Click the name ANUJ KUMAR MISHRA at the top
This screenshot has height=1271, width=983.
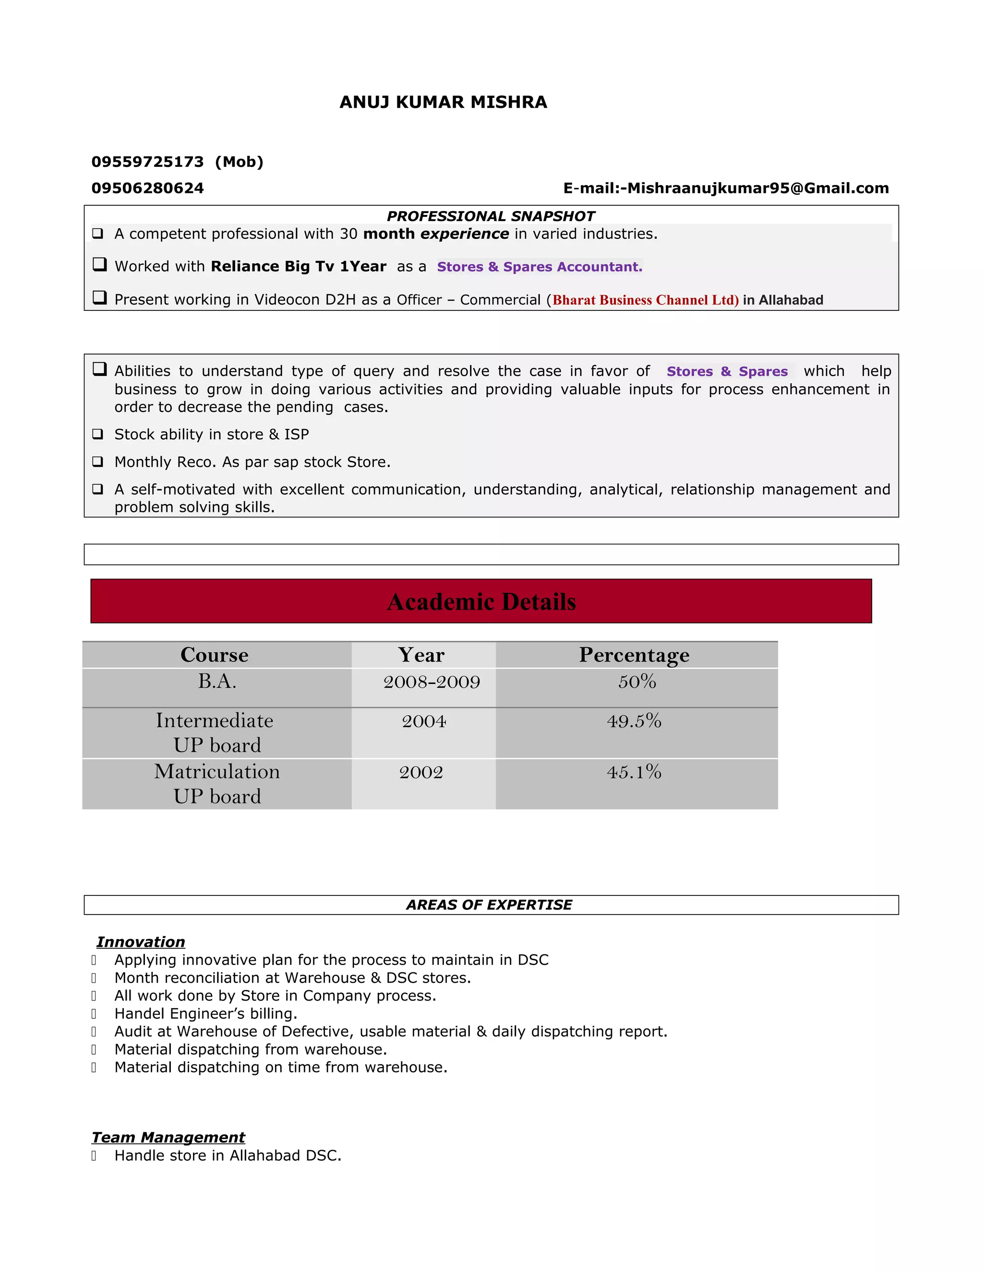pos(443,103)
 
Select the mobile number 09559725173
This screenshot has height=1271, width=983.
pos(147,162)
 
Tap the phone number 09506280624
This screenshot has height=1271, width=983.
pos(147,188)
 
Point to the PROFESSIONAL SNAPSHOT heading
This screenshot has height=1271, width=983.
pos(491,216)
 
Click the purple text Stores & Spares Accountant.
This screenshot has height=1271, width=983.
pos(539,267)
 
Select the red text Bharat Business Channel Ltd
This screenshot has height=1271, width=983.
pos(645,300)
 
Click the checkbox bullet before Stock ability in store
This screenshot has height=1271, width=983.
pos(98,434)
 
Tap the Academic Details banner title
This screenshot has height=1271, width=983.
pos(481,602)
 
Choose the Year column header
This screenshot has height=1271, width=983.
pos(421,655)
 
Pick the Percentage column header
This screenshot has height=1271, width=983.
pos(634,655)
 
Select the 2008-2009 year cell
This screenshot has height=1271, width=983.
pos(432,682)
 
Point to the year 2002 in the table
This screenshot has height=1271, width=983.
pos(421,772)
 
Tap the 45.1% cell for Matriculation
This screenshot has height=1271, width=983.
pos(634,772)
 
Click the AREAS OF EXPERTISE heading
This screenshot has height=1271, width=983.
pos(489,905)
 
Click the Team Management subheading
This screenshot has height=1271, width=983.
pos(168,1137)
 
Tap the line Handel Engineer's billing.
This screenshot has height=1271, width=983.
pos(205,1014)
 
